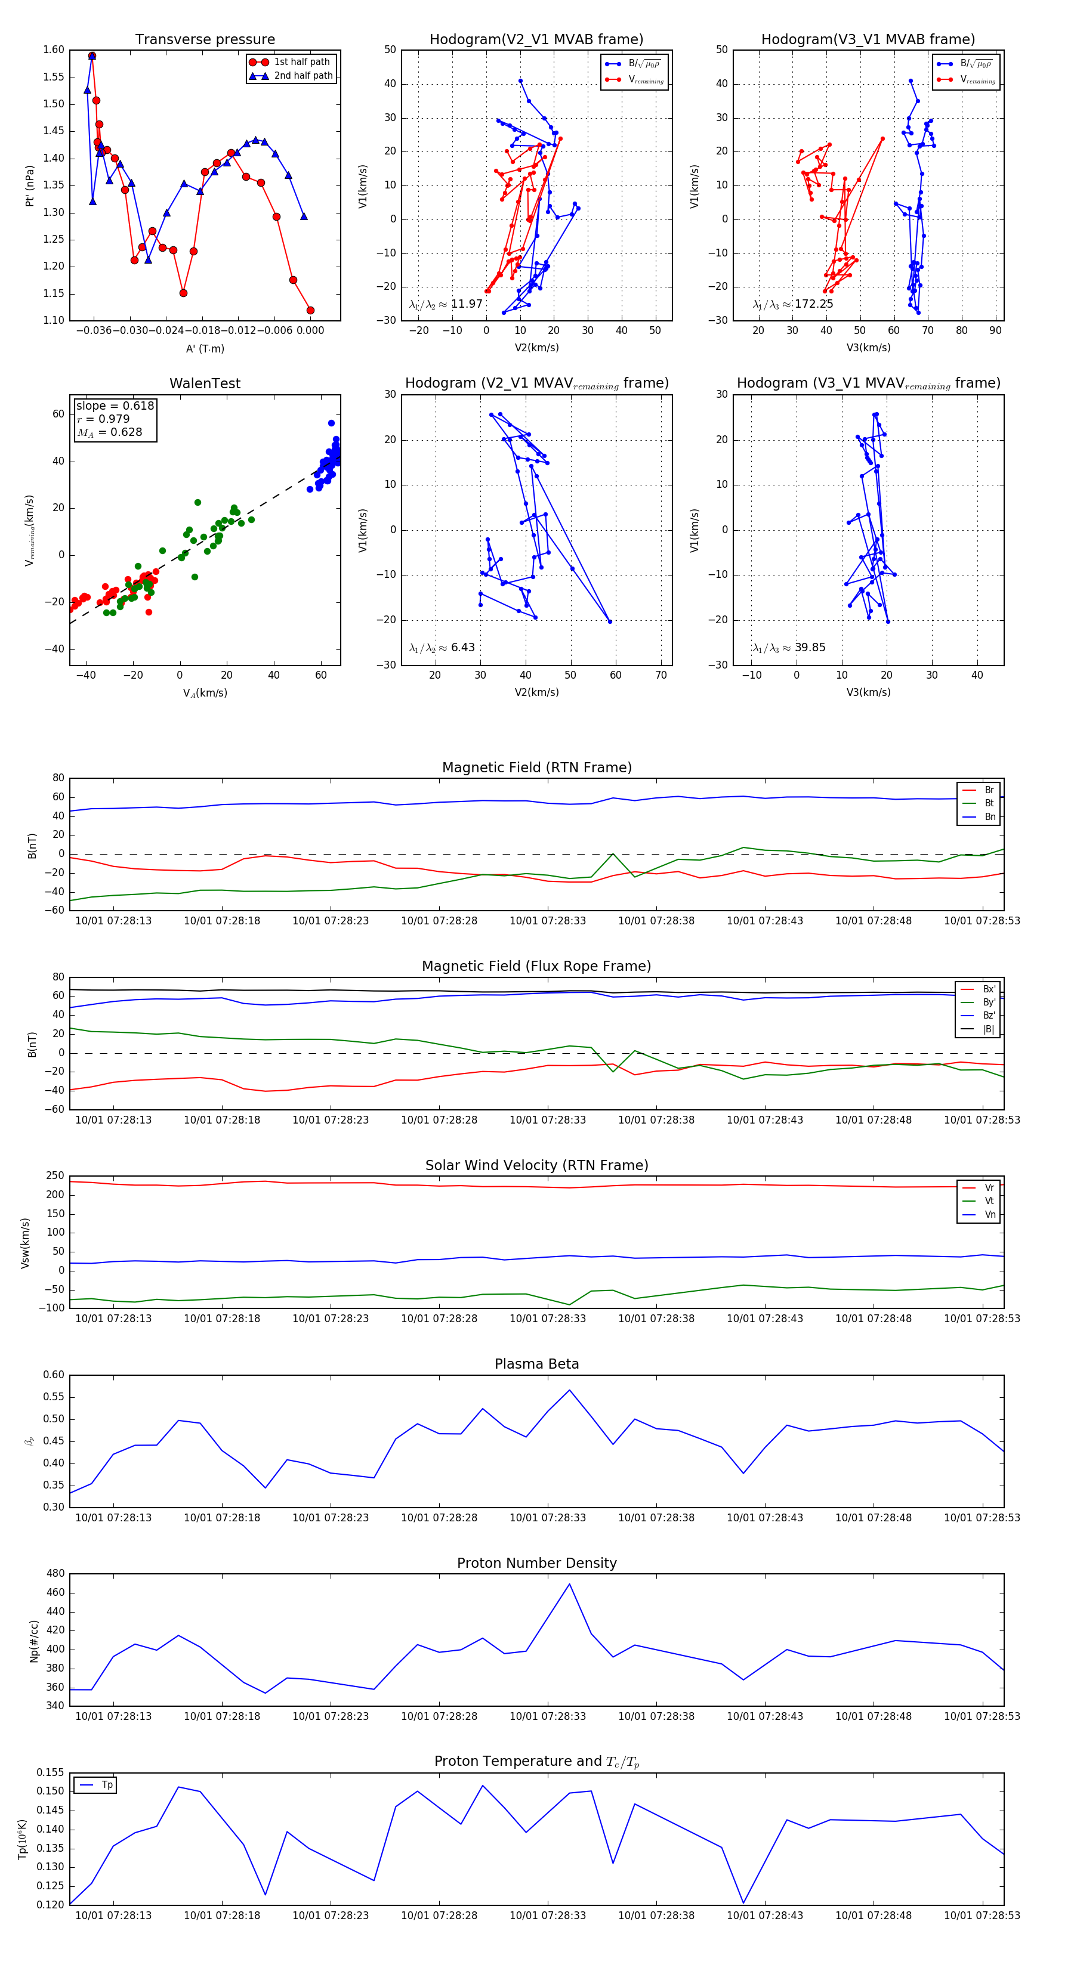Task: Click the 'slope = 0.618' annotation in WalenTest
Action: [x=115, y=406]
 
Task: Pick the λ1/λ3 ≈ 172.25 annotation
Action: [x=793, y=304]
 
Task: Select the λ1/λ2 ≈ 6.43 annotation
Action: [x=442, y=648]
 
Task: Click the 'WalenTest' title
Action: [x=205, y=383]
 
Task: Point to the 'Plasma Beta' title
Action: [x=536, y=1364]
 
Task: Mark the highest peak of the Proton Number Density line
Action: [x=569, y=1584]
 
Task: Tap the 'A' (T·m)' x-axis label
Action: [x=205, y=348]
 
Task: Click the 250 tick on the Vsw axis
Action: [x=55, y=1176]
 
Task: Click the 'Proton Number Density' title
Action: [x=536, y=1563]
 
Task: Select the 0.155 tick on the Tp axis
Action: [x=51, y=1772]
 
